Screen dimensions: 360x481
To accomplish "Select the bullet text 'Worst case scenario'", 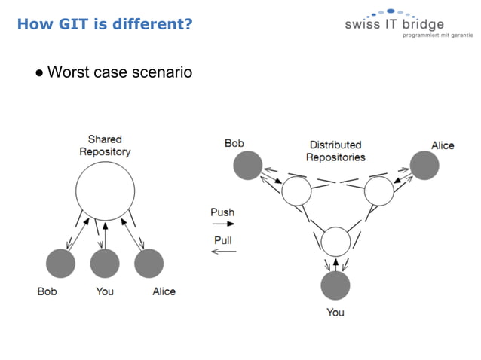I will pos(119,72).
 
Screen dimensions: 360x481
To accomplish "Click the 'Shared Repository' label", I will pos(105,145).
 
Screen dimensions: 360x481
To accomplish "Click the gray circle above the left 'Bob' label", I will pos(61,263).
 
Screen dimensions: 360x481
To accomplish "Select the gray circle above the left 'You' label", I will pos(105,263).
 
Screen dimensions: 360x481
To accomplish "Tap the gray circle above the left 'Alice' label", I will pos(149,263).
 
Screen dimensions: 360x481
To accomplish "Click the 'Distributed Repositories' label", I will pos(335,151).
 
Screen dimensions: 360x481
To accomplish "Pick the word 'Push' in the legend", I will pos(222,212).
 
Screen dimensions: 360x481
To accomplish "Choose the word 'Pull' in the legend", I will pos(222,240).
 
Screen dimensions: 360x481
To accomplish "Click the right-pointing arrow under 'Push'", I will pos(222,224).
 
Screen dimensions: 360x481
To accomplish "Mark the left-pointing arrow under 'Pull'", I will pos(222,252).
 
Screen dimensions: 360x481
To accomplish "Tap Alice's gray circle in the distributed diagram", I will pos(424,165).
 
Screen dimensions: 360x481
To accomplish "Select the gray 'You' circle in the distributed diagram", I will pos(335,286).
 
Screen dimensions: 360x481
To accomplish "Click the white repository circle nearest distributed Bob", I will pos(296,191).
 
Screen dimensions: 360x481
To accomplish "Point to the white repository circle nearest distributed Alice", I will pos(378,191).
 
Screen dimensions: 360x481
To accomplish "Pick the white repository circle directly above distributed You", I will pos(335,241).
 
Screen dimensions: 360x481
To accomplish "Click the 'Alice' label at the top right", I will pos(443,145).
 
